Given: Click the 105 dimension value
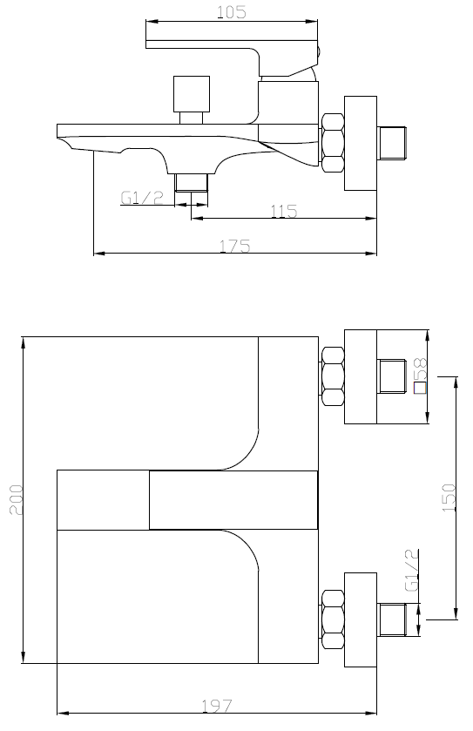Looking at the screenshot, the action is tap(232, 12).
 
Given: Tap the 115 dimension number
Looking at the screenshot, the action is tap(284, 211).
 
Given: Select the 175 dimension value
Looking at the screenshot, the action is tap(235, 246).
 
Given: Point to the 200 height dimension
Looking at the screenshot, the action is tap(16, 500).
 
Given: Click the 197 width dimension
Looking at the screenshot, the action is tap(217, 706).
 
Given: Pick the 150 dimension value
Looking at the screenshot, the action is tap(449, 497).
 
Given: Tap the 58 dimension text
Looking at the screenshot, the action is tap(420, 369).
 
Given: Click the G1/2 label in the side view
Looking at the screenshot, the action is tap(142, 198).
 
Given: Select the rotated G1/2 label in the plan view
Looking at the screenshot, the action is tap(411, 570).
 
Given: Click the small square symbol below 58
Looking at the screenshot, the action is tap(420, 388).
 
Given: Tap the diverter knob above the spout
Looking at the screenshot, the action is tap(192, 100).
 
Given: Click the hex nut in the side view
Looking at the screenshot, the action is tap(332, 143).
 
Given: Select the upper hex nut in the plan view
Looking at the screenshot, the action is tap(332, 376).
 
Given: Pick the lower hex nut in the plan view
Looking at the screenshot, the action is tap(332, 619).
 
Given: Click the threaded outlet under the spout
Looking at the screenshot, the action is tap(191, 182).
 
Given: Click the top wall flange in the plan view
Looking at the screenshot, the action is tap(361, 376).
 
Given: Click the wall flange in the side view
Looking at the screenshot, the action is tap(361, 144).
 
